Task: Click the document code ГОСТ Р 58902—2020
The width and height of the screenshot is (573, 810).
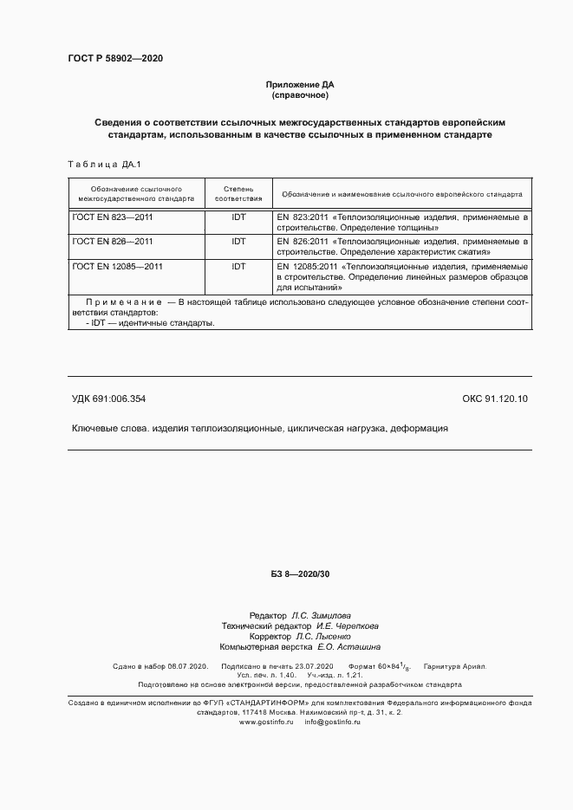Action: (114, 59)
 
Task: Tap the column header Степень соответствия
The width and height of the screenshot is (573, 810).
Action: (238, 193)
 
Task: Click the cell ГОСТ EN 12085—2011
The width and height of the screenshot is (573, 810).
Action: (118, 267)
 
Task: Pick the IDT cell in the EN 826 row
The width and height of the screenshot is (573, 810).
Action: (238, 242)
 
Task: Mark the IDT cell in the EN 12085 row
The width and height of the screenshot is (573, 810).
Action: (238, 267)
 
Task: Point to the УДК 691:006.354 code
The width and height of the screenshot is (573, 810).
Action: (108, 399)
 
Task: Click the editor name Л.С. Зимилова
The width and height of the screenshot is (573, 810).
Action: (322, 613)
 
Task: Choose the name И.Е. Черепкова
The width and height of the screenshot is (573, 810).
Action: (347, 625)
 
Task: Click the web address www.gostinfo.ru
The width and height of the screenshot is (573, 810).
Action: (267, 722)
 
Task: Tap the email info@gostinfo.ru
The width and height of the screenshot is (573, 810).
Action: (333, 722)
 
